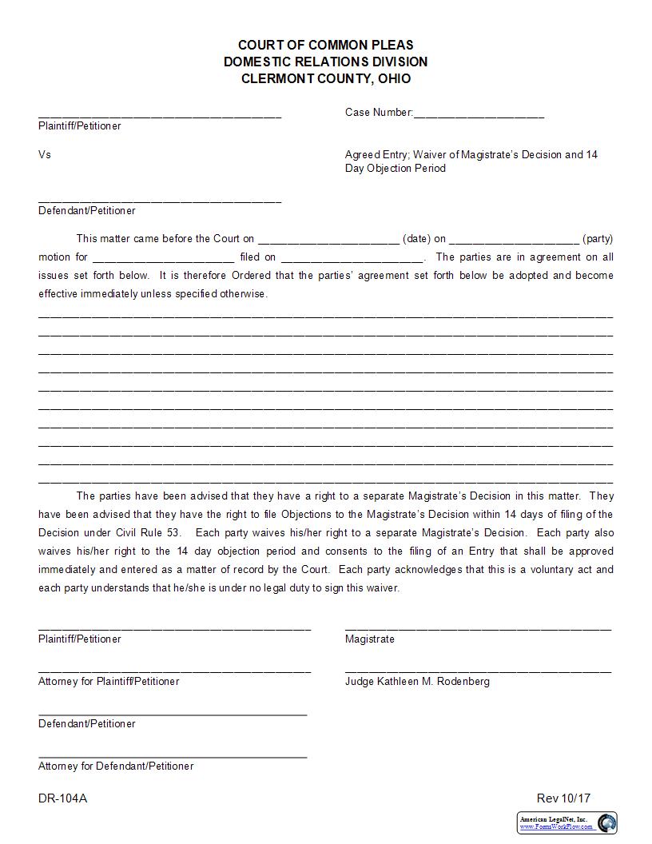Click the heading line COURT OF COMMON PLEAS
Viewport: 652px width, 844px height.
325,45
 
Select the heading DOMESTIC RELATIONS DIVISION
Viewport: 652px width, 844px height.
325,62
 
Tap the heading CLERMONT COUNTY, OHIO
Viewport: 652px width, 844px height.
325,78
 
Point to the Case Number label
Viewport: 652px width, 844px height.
379,113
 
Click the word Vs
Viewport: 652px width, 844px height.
45,154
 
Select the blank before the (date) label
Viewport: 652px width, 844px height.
328,240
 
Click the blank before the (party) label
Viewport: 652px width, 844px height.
515,240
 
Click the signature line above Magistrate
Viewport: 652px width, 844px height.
478,628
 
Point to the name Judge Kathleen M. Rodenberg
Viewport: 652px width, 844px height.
417,682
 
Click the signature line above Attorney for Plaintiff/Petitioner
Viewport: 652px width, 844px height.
174,671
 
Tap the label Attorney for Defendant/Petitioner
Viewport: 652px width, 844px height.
116,766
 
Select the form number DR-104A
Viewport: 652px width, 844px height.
62,798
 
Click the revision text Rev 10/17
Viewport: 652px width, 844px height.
563,798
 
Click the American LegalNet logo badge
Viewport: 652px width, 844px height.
567,822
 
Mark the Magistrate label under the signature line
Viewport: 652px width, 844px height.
369,639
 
